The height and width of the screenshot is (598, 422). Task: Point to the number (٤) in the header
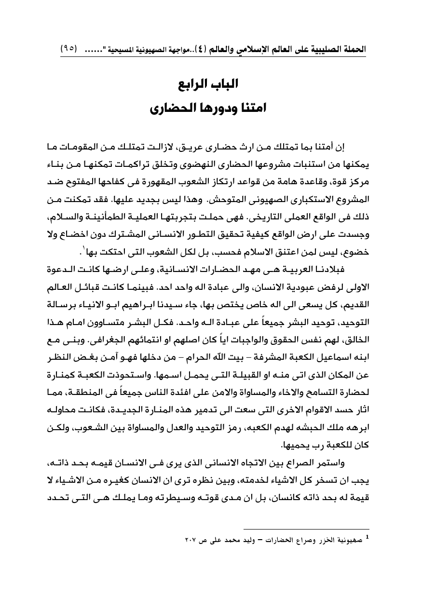pyautogui.click(x=203, y=50)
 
